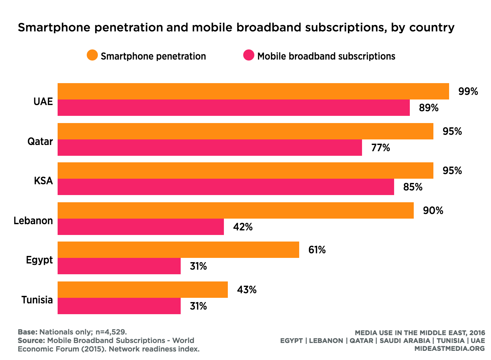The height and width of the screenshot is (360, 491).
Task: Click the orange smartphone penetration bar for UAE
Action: point(253,91)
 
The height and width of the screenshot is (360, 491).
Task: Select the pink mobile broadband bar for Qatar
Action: point(209,148)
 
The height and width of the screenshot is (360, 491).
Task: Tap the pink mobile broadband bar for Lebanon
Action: point(141,227)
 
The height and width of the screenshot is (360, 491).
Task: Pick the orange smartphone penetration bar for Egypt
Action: point(178,250)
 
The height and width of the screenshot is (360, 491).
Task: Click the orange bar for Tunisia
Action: point(143,290)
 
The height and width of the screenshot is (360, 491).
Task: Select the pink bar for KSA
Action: point(226,187)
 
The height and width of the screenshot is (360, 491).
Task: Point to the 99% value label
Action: point(468,91)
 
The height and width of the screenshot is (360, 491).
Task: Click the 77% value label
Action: point(380,148)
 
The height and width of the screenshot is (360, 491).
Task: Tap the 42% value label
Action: point(243,227)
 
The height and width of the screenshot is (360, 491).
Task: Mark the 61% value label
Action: point(317,250)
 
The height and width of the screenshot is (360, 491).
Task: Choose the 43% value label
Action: point(246,290)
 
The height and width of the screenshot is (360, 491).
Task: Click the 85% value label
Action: point(412,187)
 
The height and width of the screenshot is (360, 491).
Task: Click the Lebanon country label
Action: point(33,221)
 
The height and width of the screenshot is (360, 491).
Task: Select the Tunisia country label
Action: point(37,300)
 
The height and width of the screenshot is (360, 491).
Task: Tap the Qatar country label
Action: point(40,141)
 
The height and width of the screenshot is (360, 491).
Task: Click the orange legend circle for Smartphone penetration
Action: point(92,55)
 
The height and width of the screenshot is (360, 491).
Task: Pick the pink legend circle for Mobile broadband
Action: point(249,55)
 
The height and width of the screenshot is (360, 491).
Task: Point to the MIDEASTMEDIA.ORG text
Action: point(449,349)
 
